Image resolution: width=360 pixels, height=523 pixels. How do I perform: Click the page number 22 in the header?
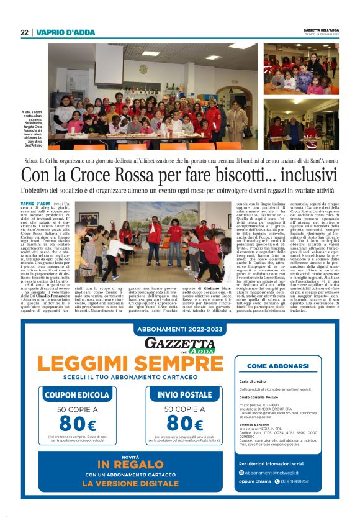point(24,33)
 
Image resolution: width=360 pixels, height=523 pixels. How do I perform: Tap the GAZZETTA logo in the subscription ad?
point(179,343)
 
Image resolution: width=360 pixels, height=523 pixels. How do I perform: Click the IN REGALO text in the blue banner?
point(130,465)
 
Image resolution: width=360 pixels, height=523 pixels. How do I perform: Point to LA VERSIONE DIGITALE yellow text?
point(130,483)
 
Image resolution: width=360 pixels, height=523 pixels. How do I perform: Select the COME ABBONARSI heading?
point(277,366)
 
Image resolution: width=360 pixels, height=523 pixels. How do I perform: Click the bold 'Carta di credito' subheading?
point(252,381)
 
